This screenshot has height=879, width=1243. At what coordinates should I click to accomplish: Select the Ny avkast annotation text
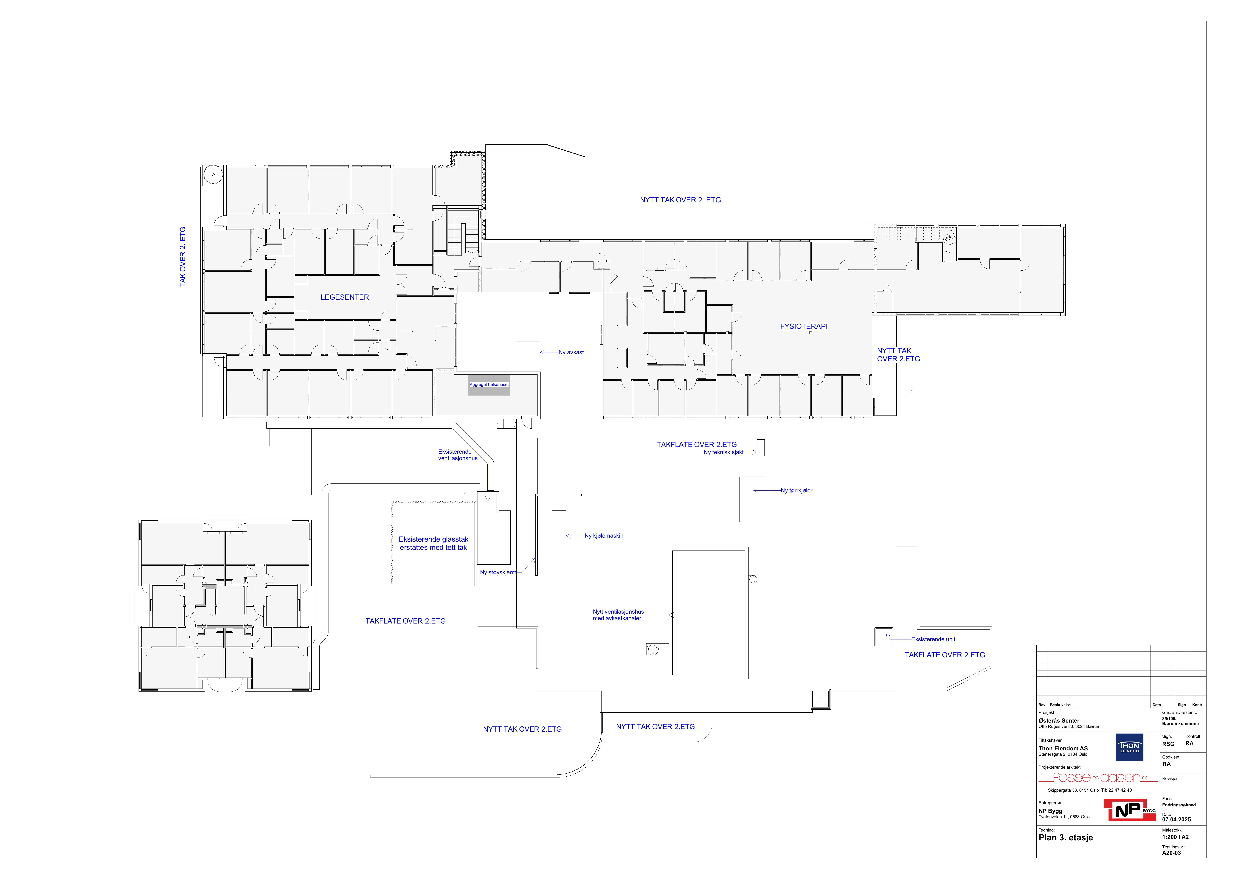click(571, 353)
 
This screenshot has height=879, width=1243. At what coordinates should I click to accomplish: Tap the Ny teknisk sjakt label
click(723, 452)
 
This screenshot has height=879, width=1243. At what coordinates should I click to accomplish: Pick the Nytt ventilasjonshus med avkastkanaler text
click(618, 615)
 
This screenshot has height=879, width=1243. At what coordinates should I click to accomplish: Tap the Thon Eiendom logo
click(1130, 747)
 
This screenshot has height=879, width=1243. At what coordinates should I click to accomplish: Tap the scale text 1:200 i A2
click(1175, 837)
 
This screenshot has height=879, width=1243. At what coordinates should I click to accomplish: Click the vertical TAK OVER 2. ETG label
click(182, 257)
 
